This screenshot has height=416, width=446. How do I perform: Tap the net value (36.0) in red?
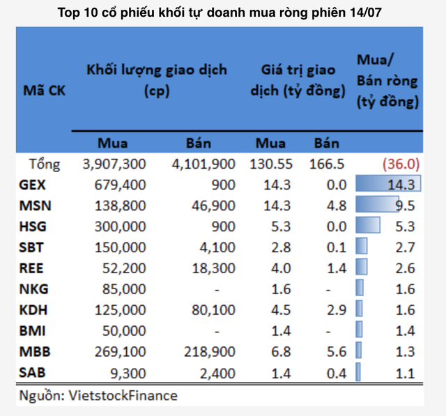click(x=400, y=164)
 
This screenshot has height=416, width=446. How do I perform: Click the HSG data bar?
click(x=367, y=225)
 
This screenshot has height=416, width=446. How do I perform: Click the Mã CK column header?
click(x=45, y=91)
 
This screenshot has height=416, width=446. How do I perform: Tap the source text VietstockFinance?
click(x=98, y=396)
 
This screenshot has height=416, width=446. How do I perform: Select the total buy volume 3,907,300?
click(x=114, y=164)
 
